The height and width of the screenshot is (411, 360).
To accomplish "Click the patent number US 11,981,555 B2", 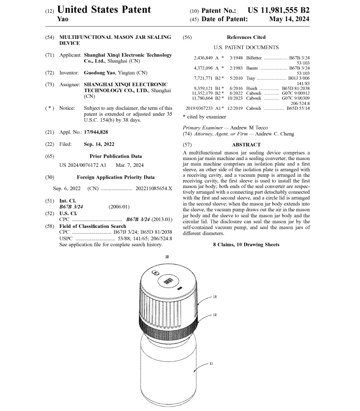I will [278, 10].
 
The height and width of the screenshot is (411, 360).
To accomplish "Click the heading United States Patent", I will [104, 9].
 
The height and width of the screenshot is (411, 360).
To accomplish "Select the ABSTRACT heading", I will [246, 145].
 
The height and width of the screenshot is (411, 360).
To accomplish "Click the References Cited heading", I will [246, 37].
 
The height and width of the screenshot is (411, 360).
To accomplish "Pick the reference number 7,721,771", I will [206, 78].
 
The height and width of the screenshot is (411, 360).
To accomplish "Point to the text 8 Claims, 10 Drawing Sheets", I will [246, 245].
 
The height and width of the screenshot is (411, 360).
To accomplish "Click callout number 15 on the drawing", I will [215, 297].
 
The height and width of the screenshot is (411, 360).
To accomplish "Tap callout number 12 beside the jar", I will [215, 315].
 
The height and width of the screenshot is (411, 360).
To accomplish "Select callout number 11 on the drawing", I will [211, 363].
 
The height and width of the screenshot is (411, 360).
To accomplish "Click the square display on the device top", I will [167, 281].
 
